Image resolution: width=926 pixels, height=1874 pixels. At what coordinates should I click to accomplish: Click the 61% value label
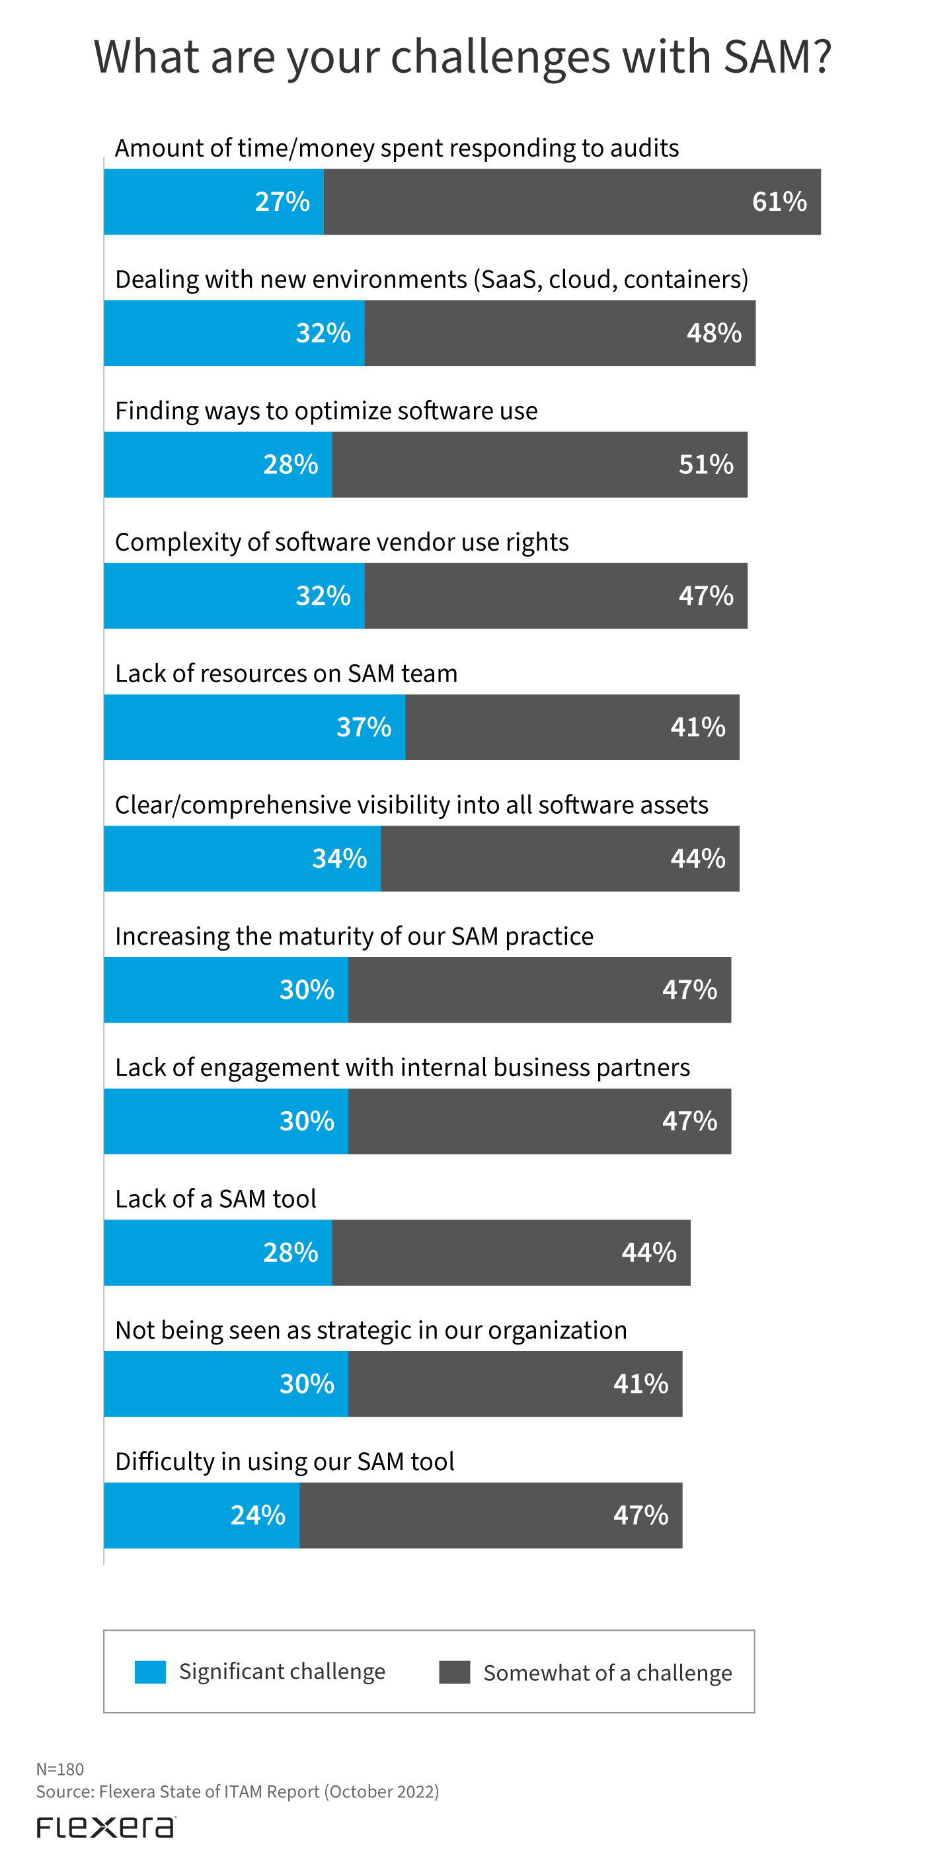(779, 202)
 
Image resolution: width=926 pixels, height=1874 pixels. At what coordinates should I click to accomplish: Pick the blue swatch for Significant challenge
(150, 1672)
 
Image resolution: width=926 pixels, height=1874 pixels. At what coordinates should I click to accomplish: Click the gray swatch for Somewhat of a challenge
(454, 1672)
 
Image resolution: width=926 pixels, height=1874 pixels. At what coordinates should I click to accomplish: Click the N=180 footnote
(59, 1768)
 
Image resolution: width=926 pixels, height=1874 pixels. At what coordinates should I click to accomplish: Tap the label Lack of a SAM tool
(215, 1198)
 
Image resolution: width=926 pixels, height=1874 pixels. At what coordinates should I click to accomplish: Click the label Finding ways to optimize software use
(326, 410)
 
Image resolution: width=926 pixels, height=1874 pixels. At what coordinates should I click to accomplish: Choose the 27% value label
(282, 202)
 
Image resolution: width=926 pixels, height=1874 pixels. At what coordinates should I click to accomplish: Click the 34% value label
(339, 859)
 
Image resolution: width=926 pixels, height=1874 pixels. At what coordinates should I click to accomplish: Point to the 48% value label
(714, 333)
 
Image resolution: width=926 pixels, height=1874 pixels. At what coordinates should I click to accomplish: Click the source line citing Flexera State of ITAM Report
(237, 1791)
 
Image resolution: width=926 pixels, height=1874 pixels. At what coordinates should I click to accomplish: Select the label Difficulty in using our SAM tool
(284, 1461)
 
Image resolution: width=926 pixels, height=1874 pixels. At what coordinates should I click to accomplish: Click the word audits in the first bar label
(644, 147)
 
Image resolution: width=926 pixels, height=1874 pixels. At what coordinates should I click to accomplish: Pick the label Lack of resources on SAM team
(286, 673)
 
